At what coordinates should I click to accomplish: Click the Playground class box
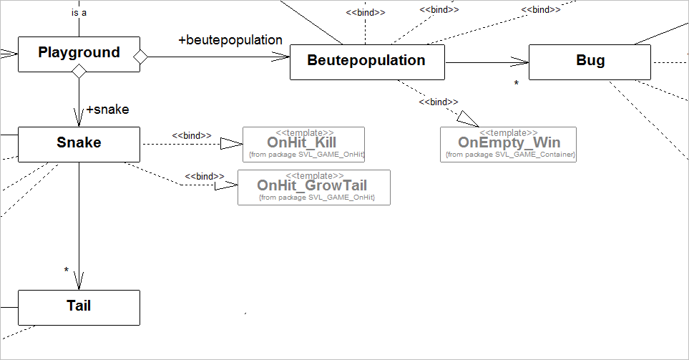point(79,54)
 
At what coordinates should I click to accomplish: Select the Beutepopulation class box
point(366,62)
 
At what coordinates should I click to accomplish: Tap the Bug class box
point(590,62)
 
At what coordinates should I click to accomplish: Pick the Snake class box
point(79,144)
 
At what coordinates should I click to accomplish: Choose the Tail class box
point(79,307)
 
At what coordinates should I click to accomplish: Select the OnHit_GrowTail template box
point(313,188)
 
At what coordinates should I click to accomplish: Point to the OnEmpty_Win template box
point(508,145)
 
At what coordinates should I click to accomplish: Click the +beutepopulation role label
point(230,40)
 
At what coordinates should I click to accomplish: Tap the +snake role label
point(107,110)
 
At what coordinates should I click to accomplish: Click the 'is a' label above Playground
point(79,13)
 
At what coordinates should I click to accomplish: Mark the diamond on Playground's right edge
point(140,56)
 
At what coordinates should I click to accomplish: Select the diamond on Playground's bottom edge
point(79,71)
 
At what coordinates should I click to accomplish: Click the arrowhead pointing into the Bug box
point(522,62)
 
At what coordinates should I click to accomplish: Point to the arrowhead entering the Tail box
point(79,281)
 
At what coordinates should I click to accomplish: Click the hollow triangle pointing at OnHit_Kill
point(232,144)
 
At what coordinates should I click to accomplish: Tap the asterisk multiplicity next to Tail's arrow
point(67,271)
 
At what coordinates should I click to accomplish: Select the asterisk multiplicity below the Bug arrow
point(516,84)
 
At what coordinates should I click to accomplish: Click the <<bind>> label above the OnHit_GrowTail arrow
point(205,176)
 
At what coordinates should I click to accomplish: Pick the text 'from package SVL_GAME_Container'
point(509,155)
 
